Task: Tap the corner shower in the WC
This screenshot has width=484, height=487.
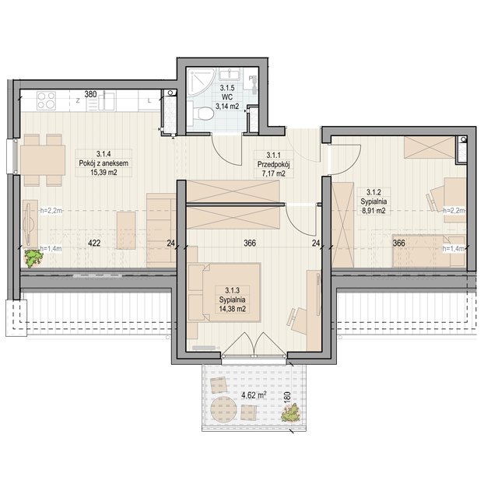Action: click(x=200, y=82)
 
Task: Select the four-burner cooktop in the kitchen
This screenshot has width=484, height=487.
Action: click(x=46, y=100)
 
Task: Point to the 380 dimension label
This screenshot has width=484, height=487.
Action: click(x=91, y=94)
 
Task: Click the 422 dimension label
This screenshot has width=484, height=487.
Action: click(x=94, y=243)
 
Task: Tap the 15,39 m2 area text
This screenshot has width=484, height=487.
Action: click(x=103, y=173)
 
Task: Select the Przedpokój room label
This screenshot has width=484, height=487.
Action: click(x=273, y=164)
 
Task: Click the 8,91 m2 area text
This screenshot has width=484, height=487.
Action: click(x=374, y=211)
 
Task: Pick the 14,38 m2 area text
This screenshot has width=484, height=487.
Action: click(x=233, y=309)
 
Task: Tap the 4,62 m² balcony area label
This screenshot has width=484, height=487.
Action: click(x=254, y=395)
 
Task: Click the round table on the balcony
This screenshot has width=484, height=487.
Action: click(x=223, y=409)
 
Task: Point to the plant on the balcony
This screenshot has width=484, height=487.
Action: click(x=291, y=413)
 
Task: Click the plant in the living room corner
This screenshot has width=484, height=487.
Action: click(x=33, y=258)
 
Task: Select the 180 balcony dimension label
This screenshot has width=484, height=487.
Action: click(x=287, y=398)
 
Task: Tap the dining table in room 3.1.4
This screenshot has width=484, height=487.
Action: click(x=43, y=160)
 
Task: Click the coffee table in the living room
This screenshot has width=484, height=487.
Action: click(x=126, y=230)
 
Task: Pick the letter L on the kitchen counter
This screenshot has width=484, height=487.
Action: click(x=149, y=100)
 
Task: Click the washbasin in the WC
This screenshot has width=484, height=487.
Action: click(x=230, y=75)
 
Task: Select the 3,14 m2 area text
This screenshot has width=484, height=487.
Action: click(x=227, y=107)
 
